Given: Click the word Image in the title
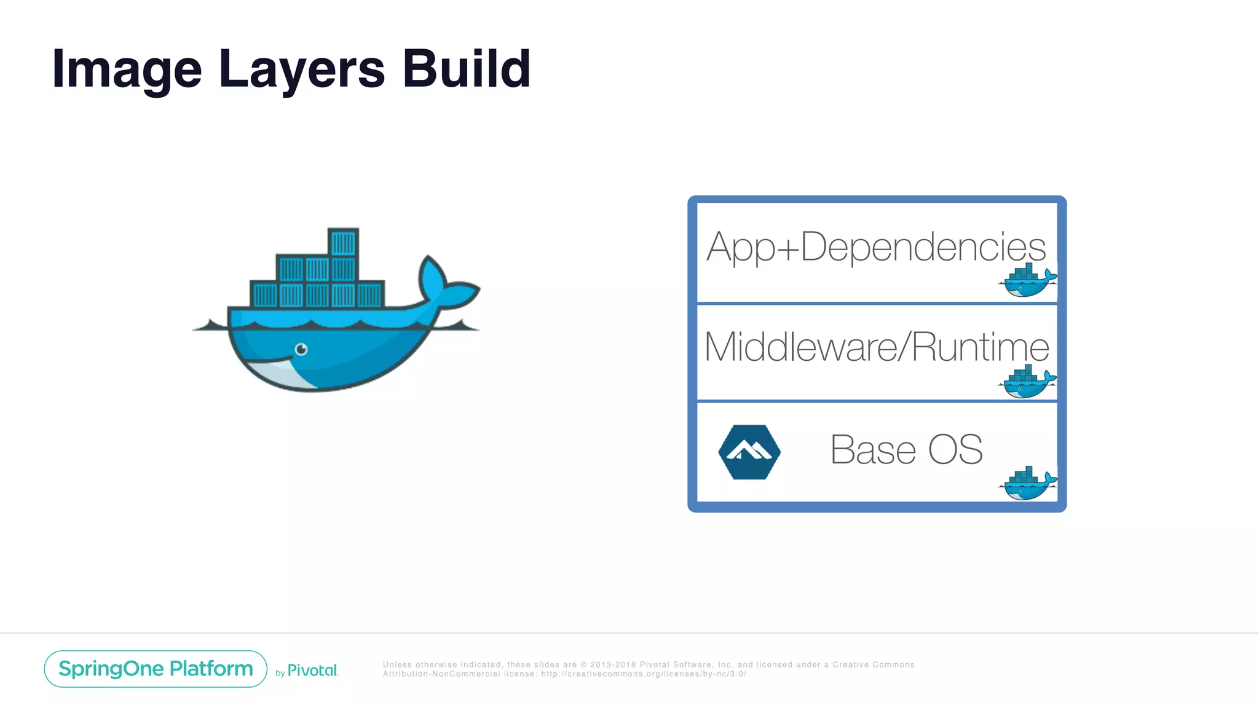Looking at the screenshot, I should click(x=127, y=69).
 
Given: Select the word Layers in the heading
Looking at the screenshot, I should click(x=301, y=69).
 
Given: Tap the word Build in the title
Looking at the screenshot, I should click(x=467, y=68).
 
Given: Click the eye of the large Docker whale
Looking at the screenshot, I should click(x=301, y=349).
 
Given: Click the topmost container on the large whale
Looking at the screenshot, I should click(x=343, y=242).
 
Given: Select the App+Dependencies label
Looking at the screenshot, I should click(x=876, y=247).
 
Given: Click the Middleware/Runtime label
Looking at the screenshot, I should click(x=876, y=347).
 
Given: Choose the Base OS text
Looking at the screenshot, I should click(x=906, y=449).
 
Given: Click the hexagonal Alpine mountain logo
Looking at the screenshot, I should click(x=749, y=452).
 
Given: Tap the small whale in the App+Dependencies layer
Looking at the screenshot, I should click(x=1027, y=281).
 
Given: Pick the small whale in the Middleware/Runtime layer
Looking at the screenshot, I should click(x=1027, y=382).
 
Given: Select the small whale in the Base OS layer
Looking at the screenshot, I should click(x=1027, y=484).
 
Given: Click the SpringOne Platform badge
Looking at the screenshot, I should click(x=156, y=669).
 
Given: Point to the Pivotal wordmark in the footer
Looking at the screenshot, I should click(x=312, y=671).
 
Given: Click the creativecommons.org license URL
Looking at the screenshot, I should click(x=644, y=674).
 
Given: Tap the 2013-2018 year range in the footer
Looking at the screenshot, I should click(x=613, y=665).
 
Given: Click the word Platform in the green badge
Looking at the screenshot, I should click(x=211, y=669).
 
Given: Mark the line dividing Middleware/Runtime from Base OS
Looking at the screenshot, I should click(x=877, y=401).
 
